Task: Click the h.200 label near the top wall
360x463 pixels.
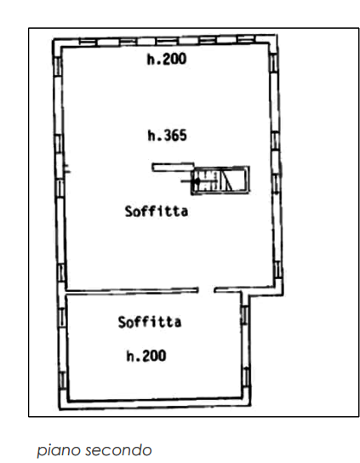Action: point(167,59)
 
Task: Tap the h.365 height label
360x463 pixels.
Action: point(167,136)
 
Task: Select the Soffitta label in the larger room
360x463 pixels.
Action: point(157,211)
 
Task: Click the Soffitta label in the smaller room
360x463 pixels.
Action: point(150,322)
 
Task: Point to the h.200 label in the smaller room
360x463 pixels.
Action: point(146,356)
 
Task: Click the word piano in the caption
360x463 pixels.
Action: point(58,450)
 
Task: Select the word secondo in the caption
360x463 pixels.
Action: point(118,450)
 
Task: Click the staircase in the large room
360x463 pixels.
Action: point(220,180)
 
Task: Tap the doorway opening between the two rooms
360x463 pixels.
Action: point(206,290)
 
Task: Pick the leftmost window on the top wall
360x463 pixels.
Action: point(88,43)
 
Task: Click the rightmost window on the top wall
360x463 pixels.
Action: point(246,39)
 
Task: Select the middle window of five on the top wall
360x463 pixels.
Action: point(167,41)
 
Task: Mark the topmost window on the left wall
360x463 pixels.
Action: point(59,66)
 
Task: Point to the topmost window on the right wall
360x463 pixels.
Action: point(273,62)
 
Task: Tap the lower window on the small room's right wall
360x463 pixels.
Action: point(246,376)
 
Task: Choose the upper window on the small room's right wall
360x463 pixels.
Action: point(244,315)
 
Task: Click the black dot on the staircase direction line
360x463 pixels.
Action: point(195,181)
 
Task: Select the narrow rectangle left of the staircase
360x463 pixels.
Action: point(173,168)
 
